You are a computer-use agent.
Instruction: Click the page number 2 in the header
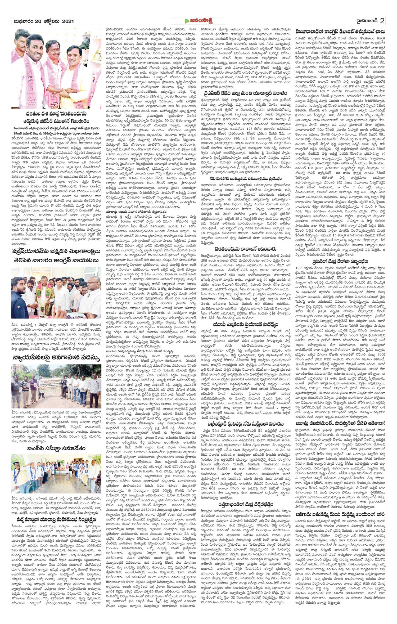[x=382, y=20]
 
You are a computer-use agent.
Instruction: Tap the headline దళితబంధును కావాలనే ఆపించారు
[x=246, y=249]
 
